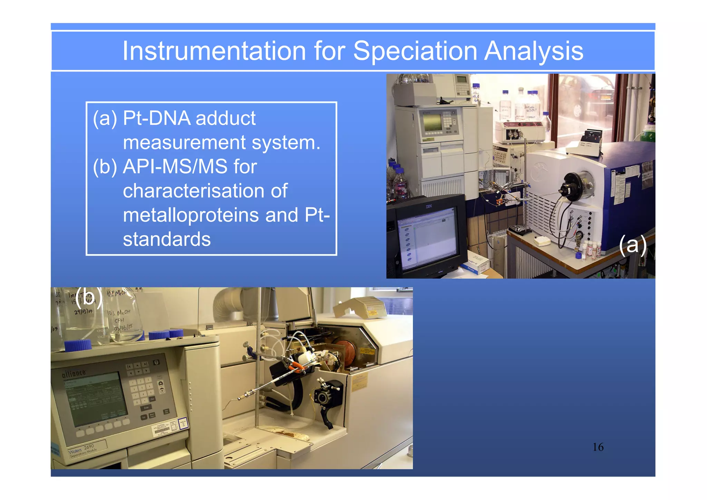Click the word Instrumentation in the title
pyautogui.click(x=214, y=51)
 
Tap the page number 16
pyautogui.click(x=598, y=447)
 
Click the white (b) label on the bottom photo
pyautogui.click(x=89, y=297)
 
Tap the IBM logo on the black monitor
pyautogui.click(x=428, y=206)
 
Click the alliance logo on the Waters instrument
pyautogui.click(x=74, y=373)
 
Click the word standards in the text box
pyautogui.click(x=167, y=239)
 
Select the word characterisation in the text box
pyautogui.click(x=205, y=191)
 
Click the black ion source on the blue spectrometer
pyautogui.click(x=571, y=186)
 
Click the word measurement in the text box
pyautogui.click(x=184, y=143)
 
